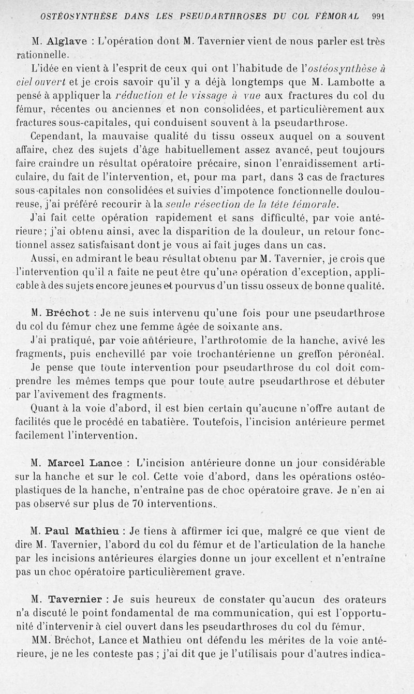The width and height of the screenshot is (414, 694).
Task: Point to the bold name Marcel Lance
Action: (x=85, y=463)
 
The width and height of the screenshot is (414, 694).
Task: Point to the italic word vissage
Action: (x=213, y=95)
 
